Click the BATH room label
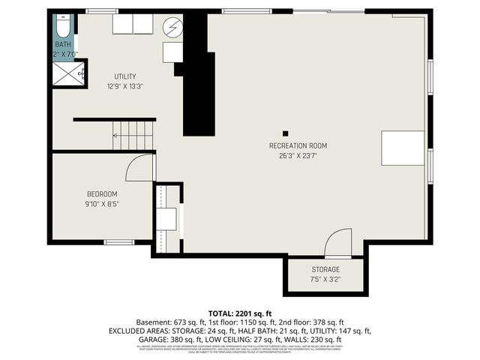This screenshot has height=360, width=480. [x=62, y=44]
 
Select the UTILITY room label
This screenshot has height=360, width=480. [x=125, y=76]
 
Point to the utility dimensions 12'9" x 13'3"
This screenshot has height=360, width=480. [x=125, y=85]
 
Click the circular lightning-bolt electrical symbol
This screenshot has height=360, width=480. [x=173, y=27]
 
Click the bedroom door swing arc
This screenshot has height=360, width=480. [x=138, y=169]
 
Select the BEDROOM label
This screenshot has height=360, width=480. [x=101, y=193]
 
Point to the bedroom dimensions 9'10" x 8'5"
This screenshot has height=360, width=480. [x=101, y=202]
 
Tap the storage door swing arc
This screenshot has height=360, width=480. [x=338, y=241]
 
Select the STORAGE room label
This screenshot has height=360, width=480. [x=325, y=269]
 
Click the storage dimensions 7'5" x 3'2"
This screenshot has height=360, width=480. [x=325, y=279]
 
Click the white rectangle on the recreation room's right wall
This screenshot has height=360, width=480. [x=403, y=148]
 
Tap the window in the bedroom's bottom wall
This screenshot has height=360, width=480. [x=118, y=241]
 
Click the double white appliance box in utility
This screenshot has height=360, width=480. [x=133, y=24]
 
